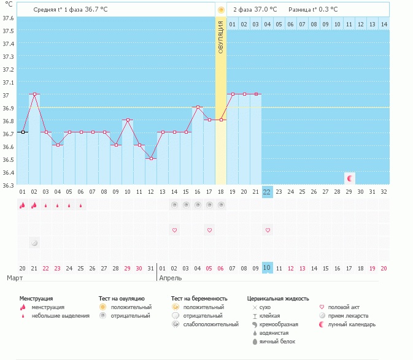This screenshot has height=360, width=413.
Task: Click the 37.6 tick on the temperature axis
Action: [x=8, y=18]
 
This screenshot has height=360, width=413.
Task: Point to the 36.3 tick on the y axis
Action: [x=8, y=185]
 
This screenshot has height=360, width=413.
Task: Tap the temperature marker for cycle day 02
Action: [x=34, y=94]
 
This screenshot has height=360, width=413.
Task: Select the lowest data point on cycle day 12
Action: [x=151, y=158]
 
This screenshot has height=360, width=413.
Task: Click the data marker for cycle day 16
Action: [x=198, y=107]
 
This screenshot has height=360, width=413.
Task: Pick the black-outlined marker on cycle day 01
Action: [x=23, y=132]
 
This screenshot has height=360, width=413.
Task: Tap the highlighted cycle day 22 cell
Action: [x=267, y=191]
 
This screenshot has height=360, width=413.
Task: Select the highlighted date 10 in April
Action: [x=267, y=268]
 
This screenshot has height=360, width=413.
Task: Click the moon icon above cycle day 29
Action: [x=350, y=178]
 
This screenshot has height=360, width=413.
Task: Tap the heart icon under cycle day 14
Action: [x=174, y=230]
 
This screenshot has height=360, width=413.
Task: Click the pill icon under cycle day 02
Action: [x=34, y=243]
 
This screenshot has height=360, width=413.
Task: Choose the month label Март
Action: [x=15, y=278]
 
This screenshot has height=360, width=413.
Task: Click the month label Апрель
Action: [x=170, y=278]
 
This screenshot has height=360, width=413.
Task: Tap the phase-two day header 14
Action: [x=384, y=24]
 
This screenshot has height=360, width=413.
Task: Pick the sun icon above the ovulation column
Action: [x=221, y=10]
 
